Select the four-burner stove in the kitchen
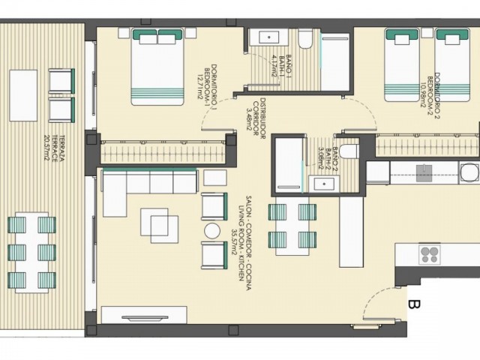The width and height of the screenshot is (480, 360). click(x=430, y=254)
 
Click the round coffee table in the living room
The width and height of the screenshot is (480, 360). click(x=213, y=230)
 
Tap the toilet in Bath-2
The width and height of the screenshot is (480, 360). click(x=349, y=150)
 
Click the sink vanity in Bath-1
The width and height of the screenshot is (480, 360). click(x=265, y=37)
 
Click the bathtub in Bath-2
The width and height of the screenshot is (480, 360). click(x=288, y=163)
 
